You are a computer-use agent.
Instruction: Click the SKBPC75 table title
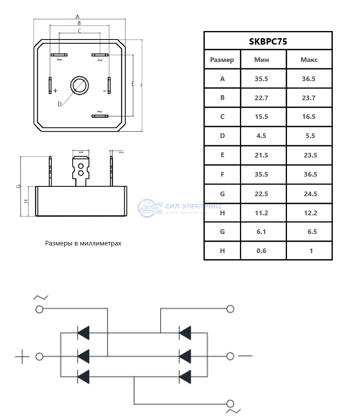[268, 41]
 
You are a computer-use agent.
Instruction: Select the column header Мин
[262, 60]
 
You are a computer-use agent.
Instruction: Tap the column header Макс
[309, 60]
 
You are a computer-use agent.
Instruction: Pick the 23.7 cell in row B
[309, 98]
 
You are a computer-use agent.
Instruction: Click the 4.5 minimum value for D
[262, 136]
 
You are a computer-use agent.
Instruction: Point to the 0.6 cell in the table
[262, 251]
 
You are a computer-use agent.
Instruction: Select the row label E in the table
[222, 155]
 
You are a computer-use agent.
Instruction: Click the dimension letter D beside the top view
[59, 104]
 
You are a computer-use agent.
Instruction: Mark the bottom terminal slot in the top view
[100, 116]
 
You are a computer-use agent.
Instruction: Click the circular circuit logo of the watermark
[149, 208]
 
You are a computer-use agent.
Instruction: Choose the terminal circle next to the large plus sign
[39, 356]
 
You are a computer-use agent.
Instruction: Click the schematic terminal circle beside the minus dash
[231, 356]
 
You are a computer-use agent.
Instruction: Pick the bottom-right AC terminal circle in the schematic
[231, 403]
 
